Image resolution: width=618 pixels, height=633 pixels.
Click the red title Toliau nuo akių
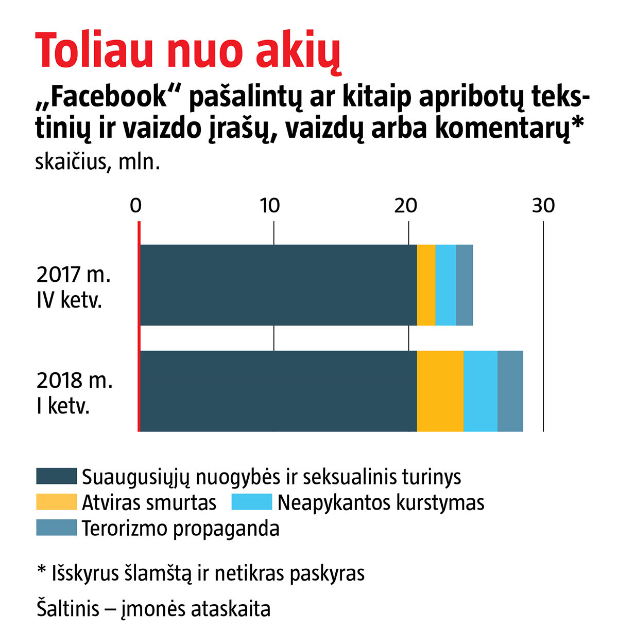coord(188,51)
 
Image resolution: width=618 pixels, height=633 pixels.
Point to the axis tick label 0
coord(135,205)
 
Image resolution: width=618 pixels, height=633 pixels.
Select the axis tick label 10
coord(270,205)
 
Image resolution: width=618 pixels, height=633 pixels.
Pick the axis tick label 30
coord(543,205)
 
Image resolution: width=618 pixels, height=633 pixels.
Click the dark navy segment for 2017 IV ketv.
coord(278,285)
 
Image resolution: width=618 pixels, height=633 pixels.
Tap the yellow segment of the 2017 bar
coord(426,285)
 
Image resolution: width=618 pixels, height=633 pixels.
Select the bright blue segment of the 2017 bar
coord(445,285)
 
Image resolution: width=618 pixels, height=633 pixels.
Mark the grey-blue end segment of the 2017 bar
coord(465,285)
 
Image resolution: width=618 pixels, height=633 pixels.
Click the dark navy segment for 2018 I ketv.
coord(278,391)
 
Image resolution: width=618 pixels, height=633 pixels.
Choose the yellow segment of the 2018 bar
coord(440,391)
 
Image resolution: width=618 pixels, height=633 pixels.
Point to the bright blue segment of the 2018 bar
coord(480,391)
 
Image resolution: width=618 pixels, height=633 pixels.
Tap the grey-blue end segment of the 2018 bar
coord(510,391)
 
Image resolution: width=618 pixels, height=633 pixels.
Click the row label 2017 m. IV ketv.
coord(74,287)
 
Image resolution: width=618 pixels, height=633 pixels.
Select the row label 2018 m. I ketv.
coord(74,393)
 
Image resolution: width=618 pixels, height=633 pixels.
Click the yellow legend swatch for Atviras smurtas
coord(56,502)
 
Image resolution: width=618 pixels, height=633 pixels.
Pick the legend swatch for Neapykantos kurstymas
coord(251,502)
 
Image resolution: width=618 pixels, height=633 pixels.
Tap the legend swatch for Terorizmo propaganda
coord(56,528)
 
